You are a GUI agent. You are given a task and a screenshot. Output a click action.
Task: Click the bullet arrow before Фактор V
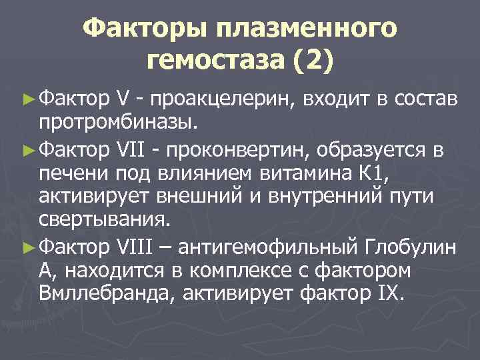click(x=29, y=99)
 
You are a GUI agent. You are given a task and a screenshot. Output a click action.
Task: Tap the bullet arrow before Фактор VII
click(x=29, y=151)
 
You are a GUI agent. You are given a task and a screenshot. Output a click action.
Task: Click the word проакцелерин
click(x=224, y=99)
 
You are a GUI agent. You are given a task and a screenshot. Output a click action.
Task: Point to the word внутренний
click(x=313, y=197)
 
